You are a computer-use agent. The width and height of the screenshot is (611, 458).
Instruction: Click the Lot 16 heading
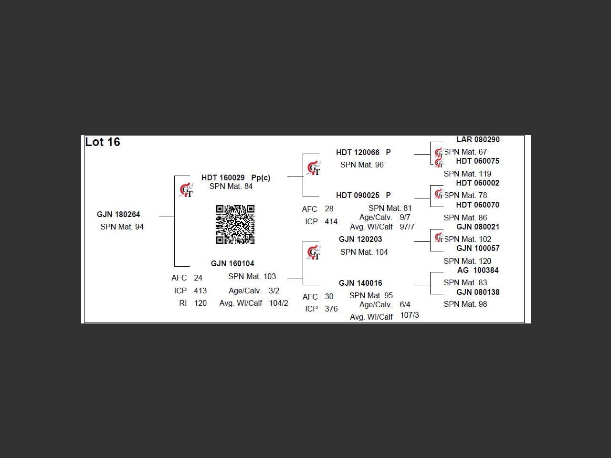click(103, 142)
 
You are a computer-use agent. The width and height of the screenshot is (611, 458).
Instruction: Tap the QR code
click(235, 225)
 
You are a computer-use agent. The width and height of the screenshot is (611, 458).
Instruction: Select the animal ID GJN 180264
click(118, 215)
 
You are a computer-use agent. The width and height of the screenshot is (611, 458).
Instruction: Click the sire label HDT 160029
click(223, 177)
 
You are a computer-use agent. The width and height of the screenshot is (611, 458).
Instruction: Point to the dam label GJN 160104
click(232, 263)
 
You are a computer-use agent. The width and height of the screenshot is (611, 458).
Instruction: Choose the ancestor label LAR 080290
click(478, 140)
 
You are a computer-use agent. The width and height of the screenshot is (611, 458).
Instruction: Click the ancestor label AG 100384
click(478, 270)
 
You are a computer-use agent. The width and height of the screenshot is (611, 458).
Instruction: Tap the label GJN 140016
click(360, 283)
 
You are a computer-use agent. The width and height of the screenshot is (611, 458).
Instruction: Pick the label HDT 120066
click(358, 152)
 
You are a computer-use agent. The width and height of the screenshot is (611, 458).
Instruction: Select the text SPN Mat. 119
click(467, 174)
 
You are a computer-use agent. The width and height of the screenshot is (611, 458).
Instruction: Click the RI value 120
click(200, 303)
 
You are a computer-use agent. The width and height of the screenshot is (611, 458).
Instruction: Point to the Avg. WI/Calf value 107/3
click(410, 315)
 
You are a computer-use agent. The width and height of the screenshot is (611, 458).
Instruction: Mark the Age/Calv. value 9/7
click(405, 217)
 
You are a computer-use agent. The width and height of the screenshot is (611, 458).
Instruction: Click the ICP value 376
click(331, 309)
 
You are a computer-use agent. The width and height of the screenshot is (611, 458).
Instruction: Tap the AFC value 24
click(198, 278)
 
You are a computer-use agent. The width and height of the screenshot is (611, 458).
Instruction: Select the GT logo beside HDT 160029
click(186, 190)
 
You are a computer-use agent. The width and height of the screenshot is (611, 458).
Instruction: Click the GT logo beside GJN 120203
click(314, 253)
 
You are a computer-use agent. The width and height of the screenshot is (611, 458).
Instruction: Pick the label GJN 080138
click(478, 292)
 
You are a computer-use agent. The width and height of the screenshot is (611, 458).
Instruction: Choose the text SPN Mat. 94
click(122, 227)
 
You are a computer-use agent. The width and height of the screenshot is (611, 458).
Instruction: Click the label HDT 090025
click(358, 195)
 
